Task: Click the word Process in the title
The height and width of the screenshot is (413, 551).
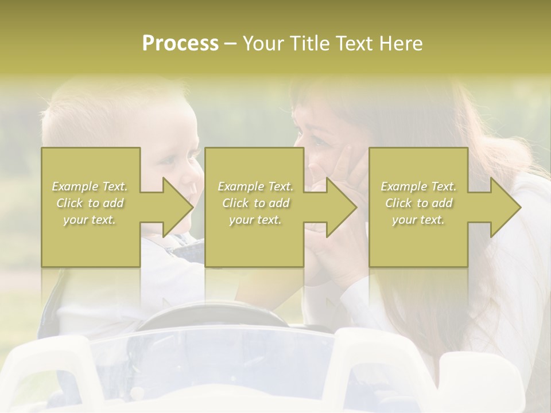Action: click(180, 44)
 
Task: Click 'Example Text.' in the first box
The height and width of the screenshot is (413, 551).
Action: click(90, 186)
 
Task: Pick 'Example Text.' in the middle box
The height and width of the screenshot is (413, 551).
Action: click(255, 186)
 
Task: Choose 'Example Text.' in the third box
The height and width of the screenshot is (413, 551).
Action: click(418, 186)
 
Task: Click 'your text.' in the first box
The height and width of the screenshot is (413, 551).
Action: click(90, 220)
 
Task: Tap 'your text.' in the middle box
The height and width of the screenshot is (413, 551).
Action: click(255, 220)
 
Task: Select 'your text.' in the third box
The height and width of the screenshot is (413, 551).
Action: click(418, 220)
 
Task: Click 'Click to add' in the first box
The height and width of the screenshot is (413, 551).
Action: click(90, 203)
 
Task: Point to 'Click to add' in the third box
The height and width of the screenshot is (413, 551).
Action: click(418, 203)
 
